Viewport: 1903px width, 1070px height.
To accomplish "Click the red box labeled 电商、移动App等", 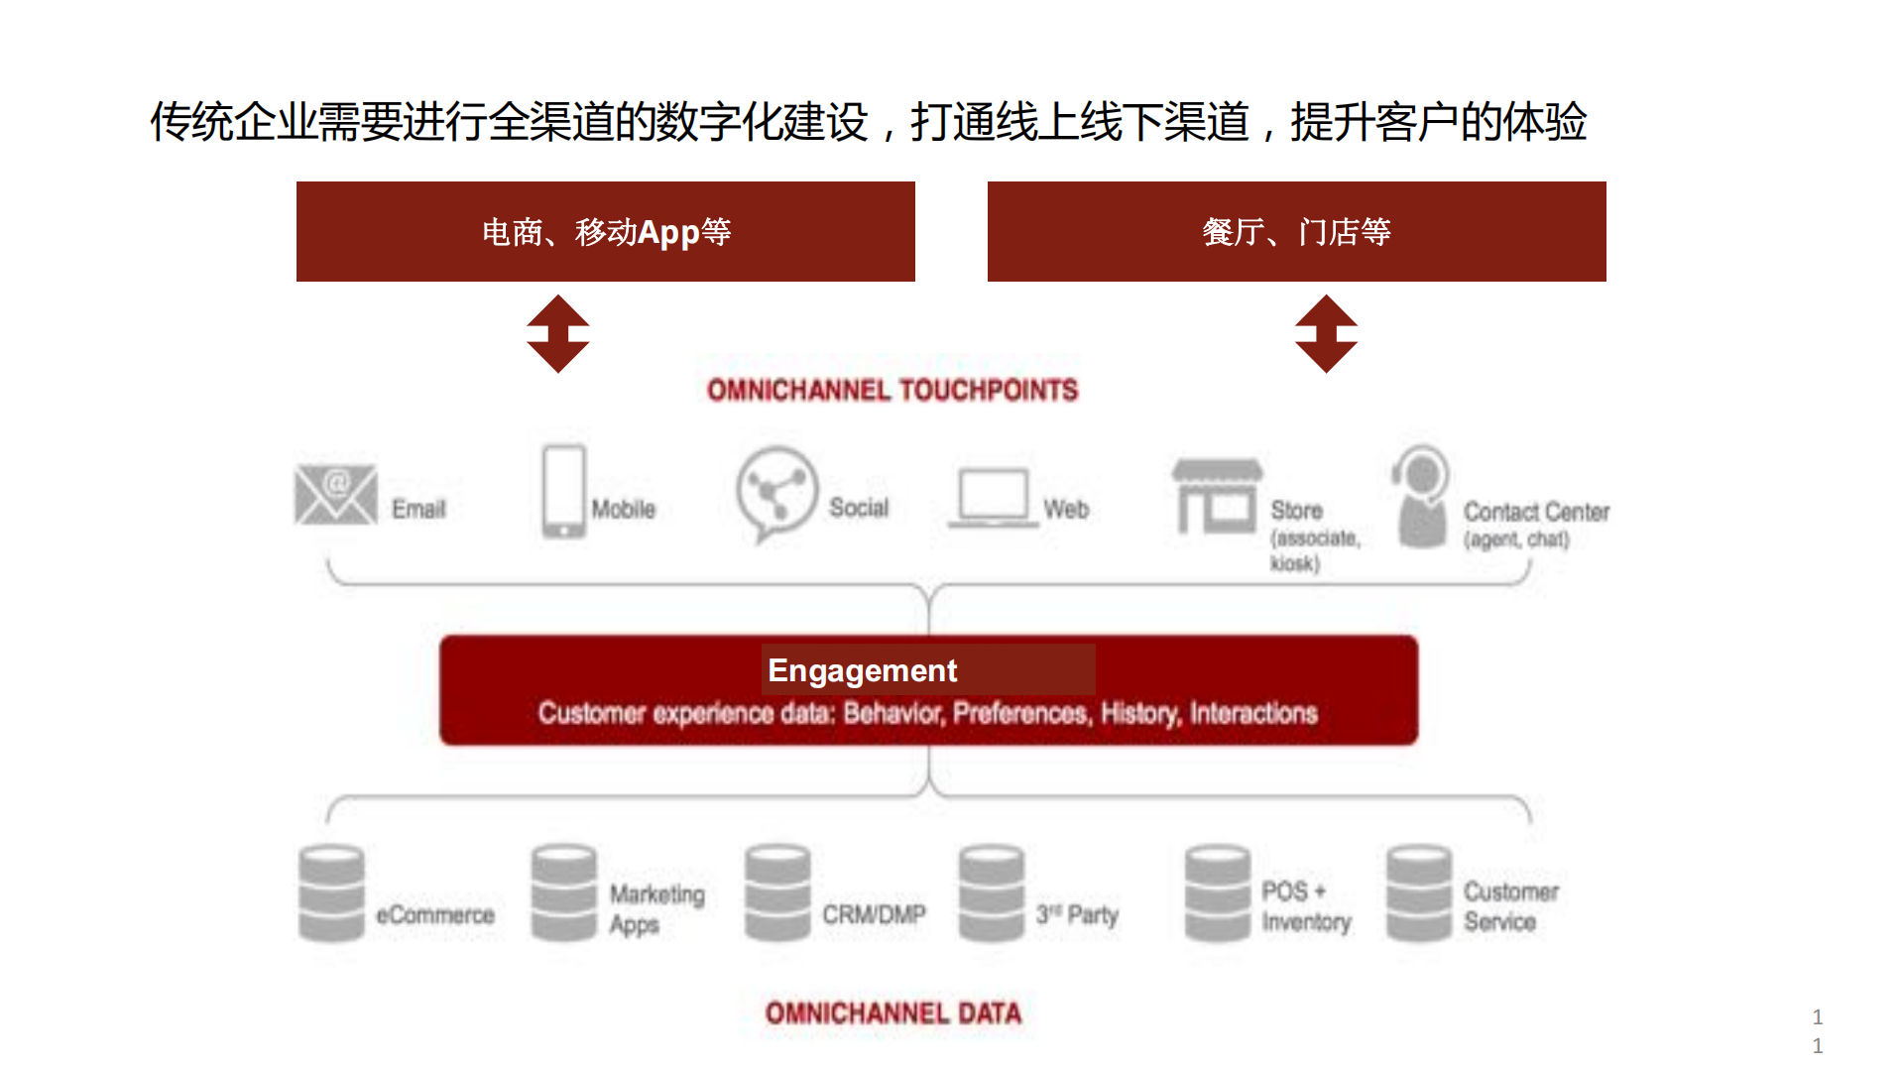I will [x=605, y=231].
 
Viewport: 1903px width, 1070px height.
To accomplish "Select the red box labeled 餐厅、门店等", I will [x=1296, y=231].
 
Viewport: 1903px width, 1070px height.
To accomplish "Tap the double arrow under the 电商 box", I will [x=558, y=333].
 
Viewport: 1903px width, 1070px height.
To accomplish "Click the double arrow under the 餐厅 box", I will [x=1326, y=333].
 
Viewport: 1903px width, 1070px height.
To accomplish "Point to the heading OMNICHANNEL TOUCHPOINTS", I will [x=892, y=390].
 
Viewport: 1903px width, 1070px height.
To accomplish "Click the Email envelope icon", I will [x=336, y=494].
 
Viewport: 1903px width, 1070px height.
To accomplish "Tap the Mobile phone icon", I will [x=563, y=491].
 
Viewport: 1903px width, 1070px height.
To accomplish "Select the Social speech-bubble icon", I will [x=776, y=493].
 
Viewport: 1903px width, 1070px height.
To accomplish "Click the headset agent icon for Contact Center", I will [x=1422, y=496].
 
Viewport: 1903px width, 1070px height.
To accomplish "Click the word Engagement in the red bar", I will [x=862, y=670].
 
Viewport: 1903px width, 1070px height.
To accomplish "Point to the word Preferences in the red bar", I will [x=1019, y=713].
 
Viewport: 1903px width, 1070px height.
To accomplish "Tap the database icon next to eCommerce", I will [x=331, y=892].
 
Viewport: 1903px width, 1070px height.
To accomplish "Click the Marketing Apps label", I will [x=655, y=908].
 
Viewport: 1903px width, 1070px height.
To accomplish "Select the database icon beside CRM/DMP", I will [x=777, y=892].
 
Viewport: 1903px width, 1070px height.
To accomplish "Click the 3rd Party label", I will [x=1077, y=914].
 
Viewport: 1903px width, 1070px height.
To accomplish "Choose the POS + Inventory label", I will [x=1305, y=906].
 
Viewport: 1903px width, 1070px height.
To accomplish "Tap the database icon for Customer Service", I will [x=1419, y=892].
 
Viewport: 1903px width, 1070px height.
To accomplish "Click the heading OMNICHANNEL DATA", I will [x=892, y=1012].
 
